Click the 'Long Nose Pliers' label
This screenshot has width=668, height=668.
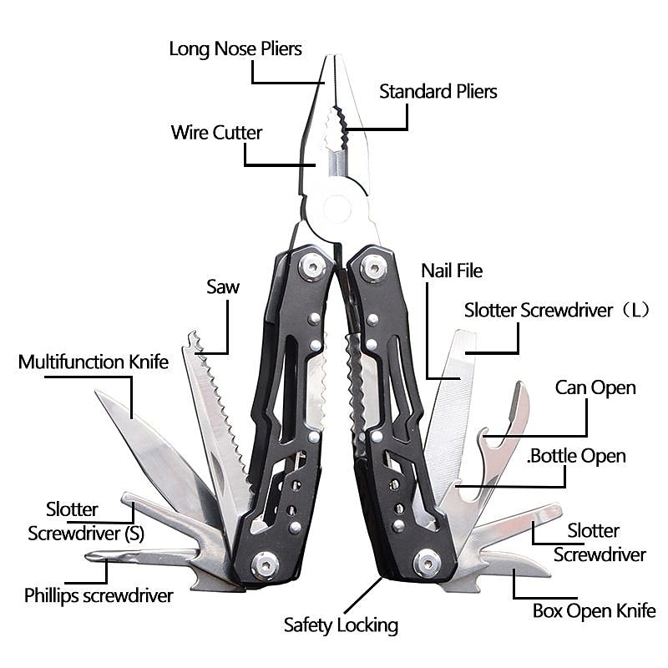pyautogui.click(x=235, y=48)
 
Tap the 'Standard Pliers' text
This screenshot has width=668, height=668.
pyautogui.click(x=438, y=91)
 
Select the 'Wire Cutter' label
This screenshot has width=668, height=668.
pyautogui.click(x=216, y=133)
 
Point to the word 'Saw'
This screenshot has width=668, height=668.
pyautogui.click(x=223, y=287)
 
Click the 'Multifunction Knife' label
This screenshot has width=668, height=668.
pyautogui.click(x=94, y=362)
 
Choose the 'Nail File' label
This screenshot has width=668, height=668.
pyautogui.click(x=452, y=271)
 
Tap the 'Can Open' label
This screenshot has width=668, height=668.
pyautogui.click(x=595, y=387)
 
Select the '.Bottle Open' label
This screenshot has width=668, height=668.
pyautogui.click(x=576, y=456)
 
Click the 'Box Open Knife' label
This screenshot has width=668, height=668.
pyautogui.click(x=594, y=611)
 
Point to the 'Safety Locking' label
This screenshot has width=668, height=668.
pyautogui.click(x=341, y=625)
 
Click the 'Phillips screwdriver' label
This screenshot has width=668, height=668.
pyautogui.click(x=99, y=595)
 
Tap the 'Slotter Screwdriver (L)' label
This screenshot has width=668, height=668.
pyautogui.click(x=557, y=311)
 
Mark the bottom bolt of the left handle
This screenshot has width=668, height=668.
pyautogui.click(x=266, y=565)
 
